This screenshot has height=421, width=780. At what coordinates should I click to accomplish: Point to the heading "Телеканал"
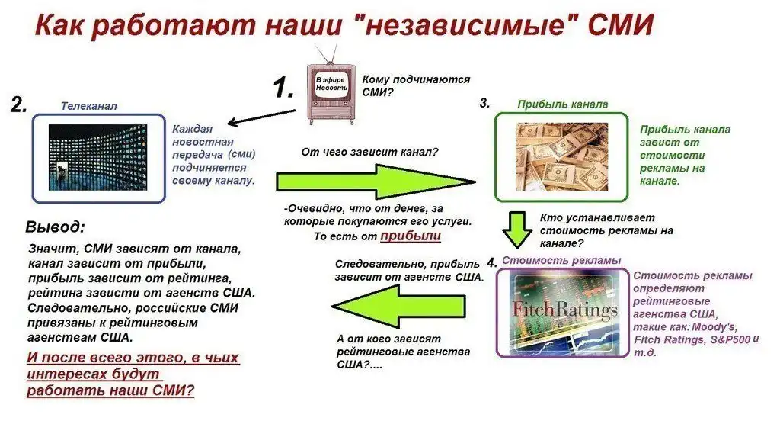(89, 105)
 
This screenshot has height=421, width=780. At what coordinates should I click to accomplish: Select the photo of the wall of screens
(98, 157)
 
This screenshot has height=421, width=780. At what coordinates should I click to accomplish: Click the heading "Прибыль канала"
(563, 104)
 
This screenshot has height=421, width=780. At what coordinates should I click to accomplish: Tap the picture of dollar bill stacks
(562, 157)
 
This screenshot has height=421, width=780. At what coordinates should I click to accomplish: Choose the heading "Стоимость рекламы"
(561, 260)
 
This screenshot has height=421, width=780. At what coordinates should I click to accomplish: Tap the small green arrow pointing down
(517, 230)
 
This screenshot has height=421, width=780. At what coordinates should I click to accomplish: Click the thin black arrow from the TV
(261, 117)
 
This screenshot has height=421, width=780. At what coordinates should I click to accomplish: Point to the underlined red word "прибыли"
(411, 236)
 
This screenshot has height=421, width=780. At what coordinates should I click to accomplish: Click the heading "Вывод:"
(55, 227)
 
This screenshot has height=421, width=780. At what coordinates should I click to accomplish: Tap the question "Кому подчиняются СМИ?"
(416, 85)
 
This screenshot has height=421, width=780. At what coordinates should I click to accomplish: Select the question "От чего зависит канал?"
(369, 152)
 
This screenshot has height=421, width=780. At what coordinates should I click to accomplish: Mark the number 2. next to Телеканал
(19, 104)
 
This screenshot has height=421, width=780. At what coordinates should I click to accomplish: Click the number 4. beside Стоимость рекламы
(491, 262)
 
